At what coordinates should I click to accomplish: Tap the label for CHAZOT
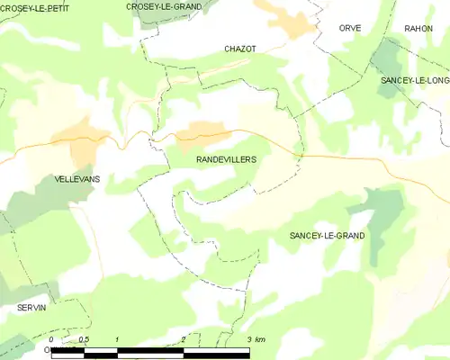(x=240, y=49)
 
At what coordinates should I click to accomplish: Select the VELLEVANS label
(x=77, y=179)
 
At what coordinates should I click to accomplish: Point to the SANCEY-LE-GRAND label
(x=327, y=235)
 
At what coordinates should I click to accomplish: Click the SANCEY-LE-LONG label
(x=415, y=80)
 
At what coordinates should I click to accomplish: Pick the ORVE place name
(x=350, y=29)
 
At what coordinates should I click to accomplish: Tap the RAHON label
(x=418, y=29)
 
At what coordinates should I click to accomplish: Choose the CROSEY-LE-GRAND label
(x=164, y=6)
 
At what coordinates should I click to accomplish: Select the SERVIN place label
(x=31, y=307)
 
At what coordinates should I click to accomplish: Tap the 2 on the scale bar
(x=184, y=339)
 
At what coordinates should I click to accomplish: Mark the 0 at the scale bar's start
(x=51, y=339)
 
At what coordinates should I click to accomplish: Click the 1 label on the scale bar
(x=118, y=339)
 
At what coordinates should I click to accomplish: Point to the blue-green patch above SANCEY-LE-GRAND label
(x=382, y=209)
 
